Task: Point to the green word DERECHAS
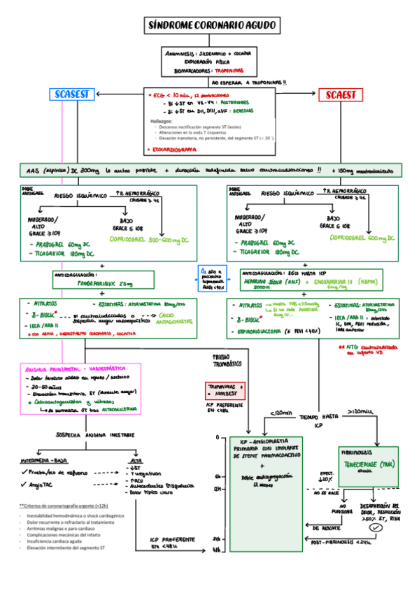point(230,110)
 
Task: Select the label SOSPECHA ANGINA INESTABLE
point(91,434)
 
